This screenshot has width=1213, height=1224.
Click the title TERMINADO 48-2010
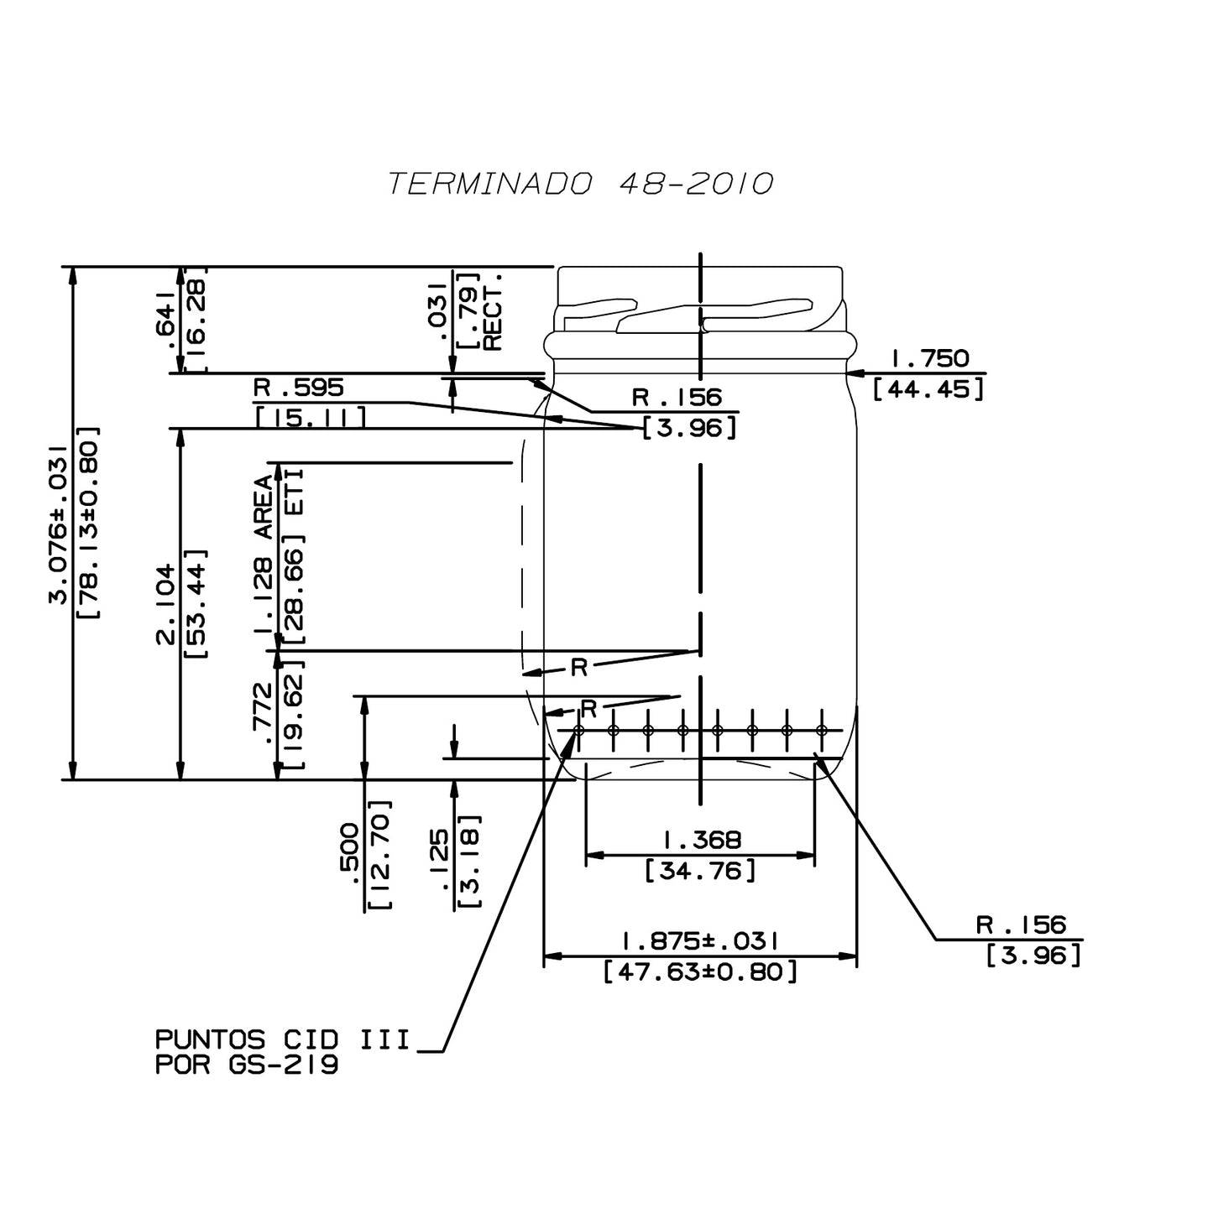[x=579, y=184]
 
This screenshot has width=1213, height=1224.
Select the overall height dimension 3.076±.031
[x=57, y=524]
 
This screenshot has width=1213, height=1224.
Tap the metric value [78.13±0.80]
[x=89, y=524]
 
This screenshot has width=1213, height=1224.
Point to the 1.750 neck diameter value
[x=929, y=359]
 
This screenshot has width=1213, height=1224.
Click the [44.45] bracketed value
[x=928, y=389]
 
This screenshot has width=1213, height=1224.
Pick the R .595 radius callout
[x=299, y=388]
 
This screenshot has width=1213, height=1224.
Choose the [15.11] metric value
[x=310, y=417]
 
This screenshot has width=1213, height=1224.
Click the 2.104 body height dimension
[x=165, y=604]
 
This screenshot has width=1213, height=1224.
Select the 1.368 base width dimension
[x=702, y=840]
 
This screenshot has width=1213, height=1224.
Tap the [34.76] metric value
[x=701, y=871]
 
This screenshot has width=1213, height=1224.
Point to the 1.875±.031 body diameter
[x=700, y=940]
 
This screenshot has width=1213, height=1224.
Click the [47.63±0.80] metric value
[x=700, y=972]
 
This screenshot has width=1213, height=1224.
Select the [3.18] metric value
[x=470, y=861]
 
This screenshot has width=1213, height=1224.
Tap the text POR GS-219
[x=248, y=1066]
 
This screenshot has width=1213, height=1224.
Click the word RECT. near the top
[x=493, y=311]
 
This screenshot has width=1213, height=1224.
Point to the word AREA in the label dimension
[x=264, y=507]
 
